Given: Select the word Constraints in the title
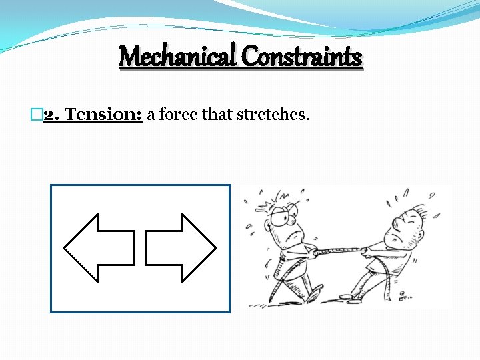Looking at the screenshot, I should pos(302,57).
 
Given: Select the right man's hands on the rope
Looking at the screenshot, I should pos(367,252).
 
